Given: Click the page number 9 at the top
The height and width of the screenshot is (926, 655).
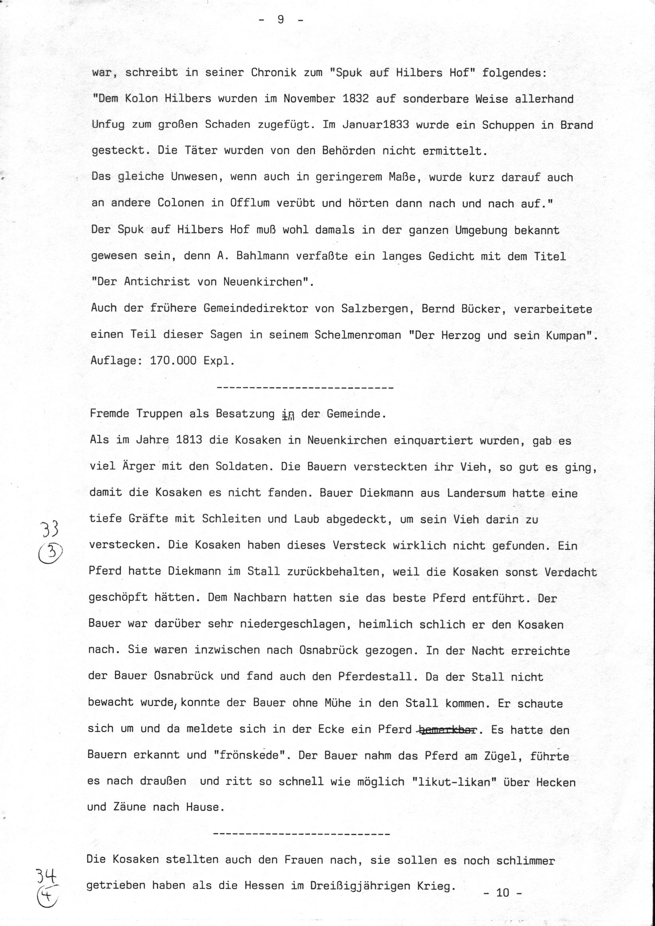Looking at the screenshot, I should pos(281,20).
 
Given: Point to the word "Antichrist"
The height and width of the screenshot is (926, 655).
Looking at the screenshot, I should pos(157,282).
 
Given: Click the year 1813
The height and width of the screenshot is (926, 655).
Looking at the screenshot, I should pos(189,439).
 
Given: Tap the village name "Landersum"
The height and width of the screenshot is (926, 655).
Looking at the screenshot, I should pos(476,493).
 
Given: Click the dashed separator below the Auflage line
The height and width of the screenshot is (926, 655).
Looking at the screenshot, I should pos(305,388).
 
